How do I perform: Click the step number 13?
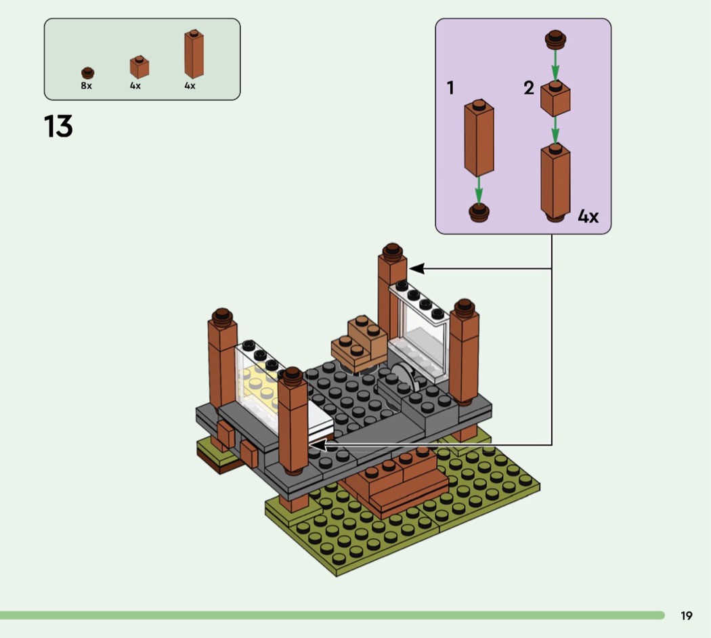point(58,127)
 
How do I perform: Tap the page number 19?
point(687,616)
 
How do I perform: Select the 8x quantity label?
point(86,86)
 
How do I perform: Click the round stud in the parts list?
point(87,72)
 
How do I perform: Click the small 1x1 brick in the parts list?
point(139,67)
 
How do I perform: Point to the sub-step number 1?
point(450,88)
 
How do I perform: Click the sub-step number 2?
point(529,88)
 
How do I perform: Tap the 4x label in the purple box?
point(588,217)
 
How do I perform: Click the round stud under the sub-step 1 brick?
point(479,212)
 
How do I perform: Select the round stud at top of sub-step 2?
point(555,39)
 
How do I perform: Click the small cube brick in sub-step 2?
point(555,99)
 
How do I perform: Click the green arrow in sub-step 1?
point(479,189)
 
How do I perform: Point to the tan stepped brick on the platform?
point(360,342)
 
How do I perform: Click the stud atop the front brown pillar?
point(293,374)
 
